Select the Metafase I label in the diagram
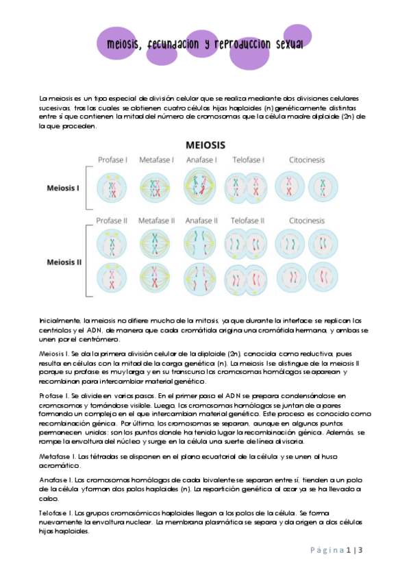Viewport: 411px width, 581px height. (x=156, y=160)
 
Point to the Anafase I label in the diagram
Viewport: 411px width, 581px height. (x=201, y=160)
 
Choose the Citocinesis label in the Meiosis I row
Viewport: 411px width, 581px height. (x=306, y=160)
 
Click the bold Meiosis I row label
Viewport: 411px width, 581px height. (x=63, y=188)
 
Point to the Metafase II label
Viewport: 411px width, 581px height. (x=156, y=221)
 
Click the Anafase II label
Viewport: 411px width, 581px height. (x=201, y=221)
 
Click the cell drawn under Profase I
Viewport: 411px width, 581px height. (x=112, y=188)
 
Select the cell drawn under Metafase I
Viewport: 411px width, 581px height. (x=156, y=188)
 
